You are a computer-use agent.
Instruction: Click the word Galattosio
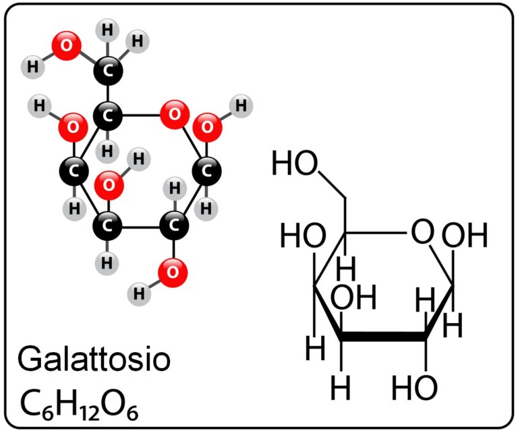(94, 359)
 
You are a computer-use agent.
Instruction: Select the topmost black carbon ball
(108, 71)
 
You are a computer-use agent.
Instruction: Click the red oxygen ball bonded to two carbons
(175, 115)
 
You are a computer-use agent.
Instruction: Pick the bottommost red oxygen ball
(173, 272)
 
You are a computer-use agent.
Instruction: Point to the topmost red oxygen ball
(66, 46)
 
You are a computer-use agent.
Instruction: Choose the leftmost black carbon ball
(74, 171)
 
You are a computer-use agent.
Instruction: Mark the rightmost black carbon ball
(207, 171)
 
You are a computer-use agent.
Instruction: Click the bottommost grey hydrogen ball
(139, 293)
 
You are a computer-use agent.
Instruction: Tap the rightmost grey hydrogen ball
(241, 106)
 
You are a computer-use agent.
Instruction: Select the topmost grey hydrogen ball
(108, 30)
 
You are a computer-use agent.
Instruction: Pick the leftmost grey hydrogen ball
(32, 67)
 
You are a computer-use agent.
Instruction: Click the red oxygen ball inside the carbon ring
(109, 185)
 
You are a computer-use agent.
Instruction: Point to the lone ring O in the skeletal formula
(422, 231)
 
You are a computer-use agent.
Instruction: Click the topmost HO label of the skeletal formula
(294, 163)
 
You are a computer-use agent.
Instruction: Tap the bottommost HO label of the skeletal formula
(414, 388)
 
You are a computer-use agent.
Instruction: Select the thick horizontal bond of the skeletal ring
(383, 337)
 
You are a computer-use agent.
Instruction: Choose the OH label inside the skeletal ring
(353, 297)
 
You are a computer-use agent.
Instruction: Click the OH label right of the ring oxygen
(465, 235)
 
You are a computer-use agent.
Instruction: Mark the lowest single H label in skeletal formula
(340, 387)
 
